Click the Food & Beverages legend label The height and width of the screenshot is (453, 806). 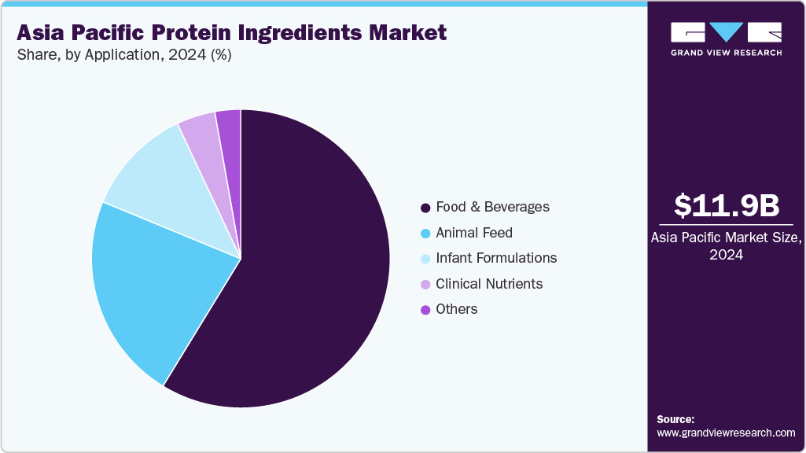click(493, 208)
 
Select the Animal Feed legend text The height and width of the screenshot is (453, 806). click(474, 233)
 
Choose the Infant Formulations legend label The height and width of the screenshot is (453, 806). click(496, 258)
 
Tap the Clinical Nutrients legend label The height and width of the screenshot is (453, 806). click(489, 284)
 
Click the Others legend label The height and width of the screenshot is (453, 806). click(457, 309)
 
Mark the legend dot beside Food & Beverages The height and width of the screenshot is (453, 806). click(425, 208)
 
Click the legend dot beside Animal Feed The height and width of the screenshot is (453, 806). click(425, 234)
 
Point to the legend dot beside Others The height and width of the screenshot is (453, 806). click(425, 310)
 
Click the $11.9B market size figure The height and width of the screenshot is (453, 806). click(727, 205)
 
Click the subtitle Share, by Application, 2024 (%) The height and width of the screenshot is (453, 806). click(123, 55)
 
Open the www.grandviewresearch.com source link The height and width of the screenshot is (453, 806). click(726, 433)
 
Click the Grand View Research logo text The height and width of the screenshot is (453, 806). click(726, 53)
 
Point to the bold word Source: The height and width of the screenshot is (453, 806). click(675, 419)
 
